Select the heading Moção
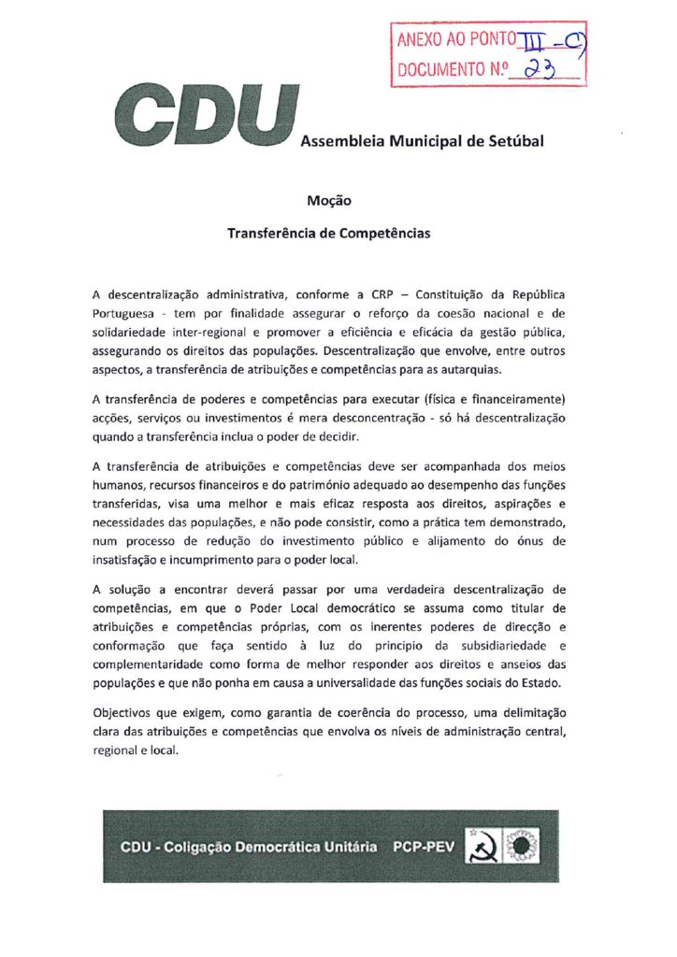(329, 199)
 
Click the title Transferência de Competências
(329, 233)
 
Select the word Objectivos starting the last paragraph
(126, 714)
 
